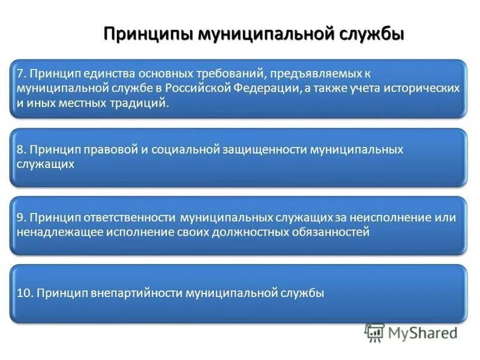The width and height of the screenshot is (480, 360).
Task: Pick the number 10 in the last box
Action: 22,293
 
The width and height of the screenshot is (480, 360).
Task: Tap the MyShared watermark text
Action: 423,332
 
